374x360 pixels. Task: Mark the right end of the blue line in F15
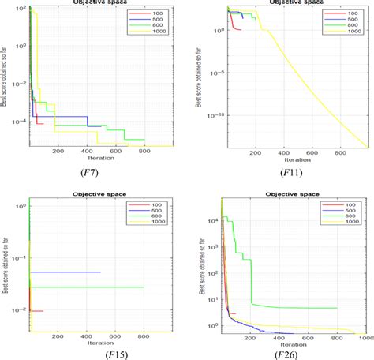click(x=101, y=272)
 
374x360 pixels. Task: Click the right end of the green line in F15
click(x=144, y=287)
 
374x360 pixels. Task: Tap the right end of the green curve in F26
click(x=337, y=308)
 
